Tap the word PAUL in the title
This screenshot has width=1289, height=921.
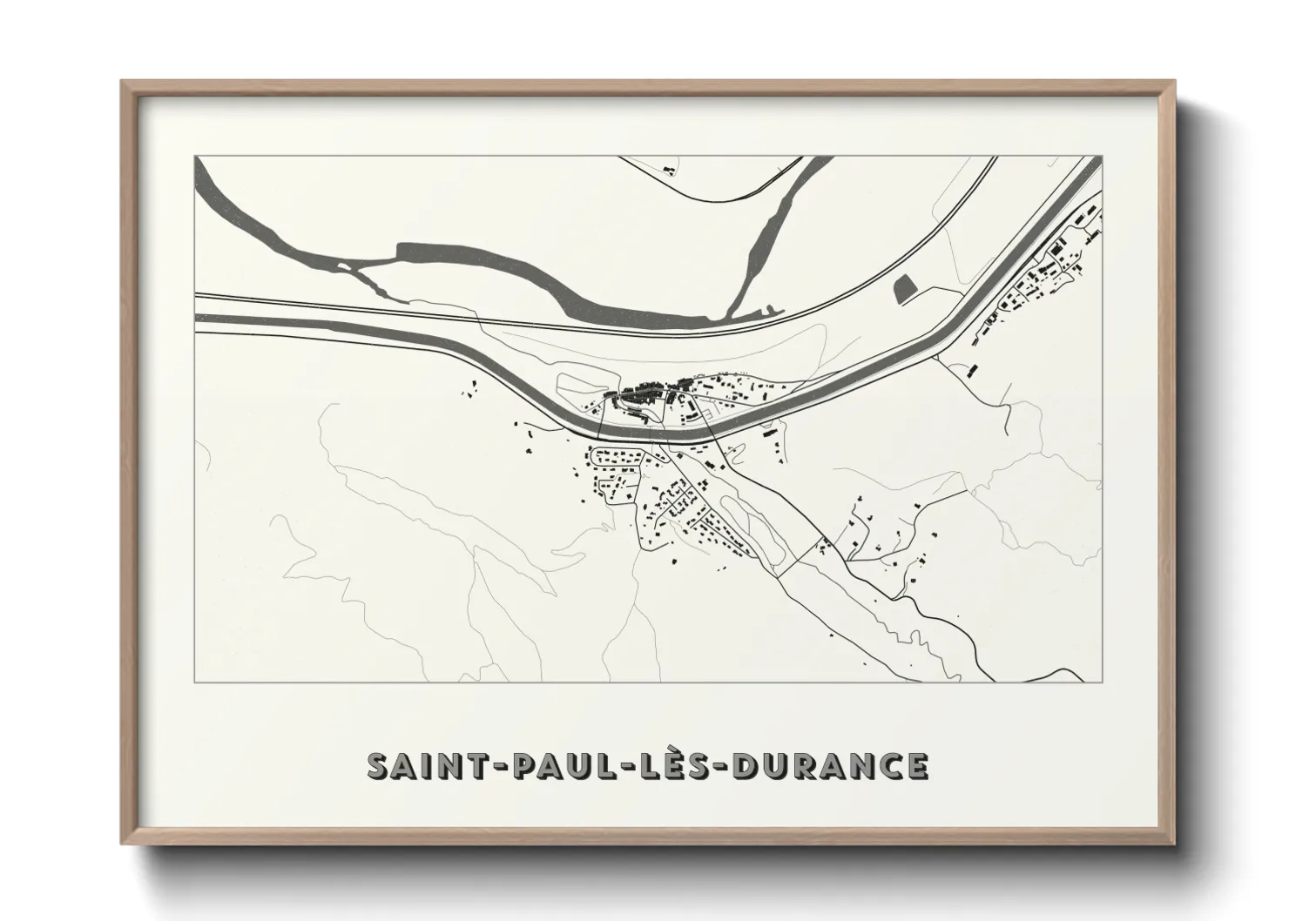(549, 767)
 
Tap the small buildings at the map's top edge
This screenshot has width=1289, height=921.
(669, 166)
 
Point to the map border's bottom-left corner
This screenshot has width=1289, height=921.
(196, 682)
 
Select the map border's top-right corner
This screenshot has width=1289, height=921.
(1102, 158)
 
